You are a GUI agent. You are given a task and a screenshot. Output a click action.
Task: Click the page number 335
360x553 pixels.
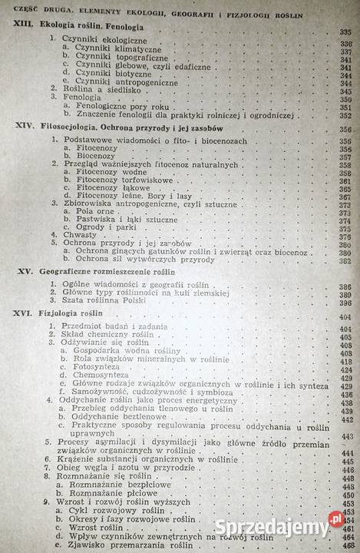coord(348,32)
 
